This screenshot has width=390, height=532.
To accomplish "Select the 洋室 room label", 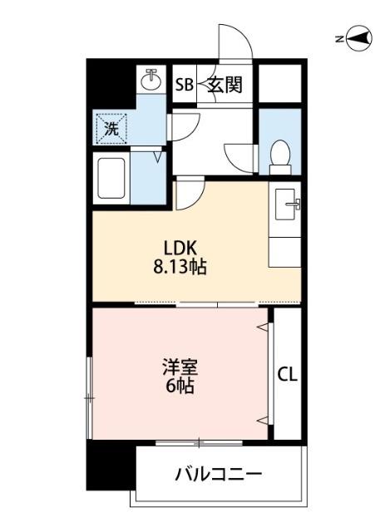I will (x=180, y=367).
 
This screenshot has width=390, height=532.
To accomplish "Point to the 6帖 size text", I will (x=180, y=387).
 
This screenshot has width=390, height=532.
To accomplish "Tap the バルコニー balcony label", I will (x=218, y=475).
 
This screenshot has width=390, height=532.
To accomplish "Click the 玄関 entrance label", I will (x=225, y=84).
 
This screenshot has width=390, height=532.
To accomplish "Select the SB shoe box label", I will (x=184, y=84).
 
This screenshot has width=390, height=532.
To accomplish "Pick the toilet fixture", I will (x=280, y=154).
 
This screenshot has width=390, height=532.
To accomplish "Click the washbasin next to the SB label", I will (x=151, y=81).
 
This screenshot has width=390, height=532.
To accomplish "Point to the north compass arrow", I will (x=360, y=38).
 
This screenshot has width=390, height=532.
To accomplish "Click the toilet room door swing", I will (x=239, y=155).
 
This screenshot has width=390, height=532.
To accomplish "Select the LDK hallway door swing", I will (x=190, y=194).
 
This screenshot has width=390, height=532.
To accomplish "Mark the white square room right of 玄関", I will (x=279, y=82).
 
